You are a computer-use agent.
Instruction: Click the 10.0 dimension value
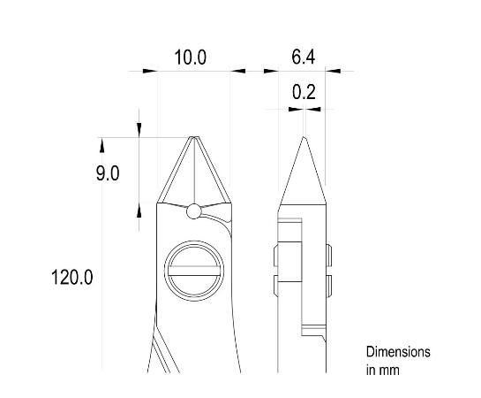pyautogui.click(x=190, y=58)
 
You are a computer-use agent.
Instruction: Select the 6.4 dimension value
pyautogui.click(x=304, y=58)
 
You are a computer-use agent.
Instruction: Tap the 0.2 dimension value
pyautogui.click(x=304, y=91)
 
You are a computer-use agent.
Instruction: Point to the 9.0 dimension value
pyautogui.click(x=108, y=173)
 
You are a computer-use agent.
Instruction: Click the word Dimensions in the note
pyautogui.click(x=398, y=352)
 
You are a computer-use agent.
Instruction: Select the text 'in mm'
pyautogui.click(x=383, y=370)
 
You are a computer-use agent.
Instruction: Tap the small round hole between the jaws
pyautogui.click(x=194, y=210)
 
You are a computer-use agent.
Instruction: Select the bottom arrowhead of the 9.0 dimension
pyautogui.click(x=139, y=209)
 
